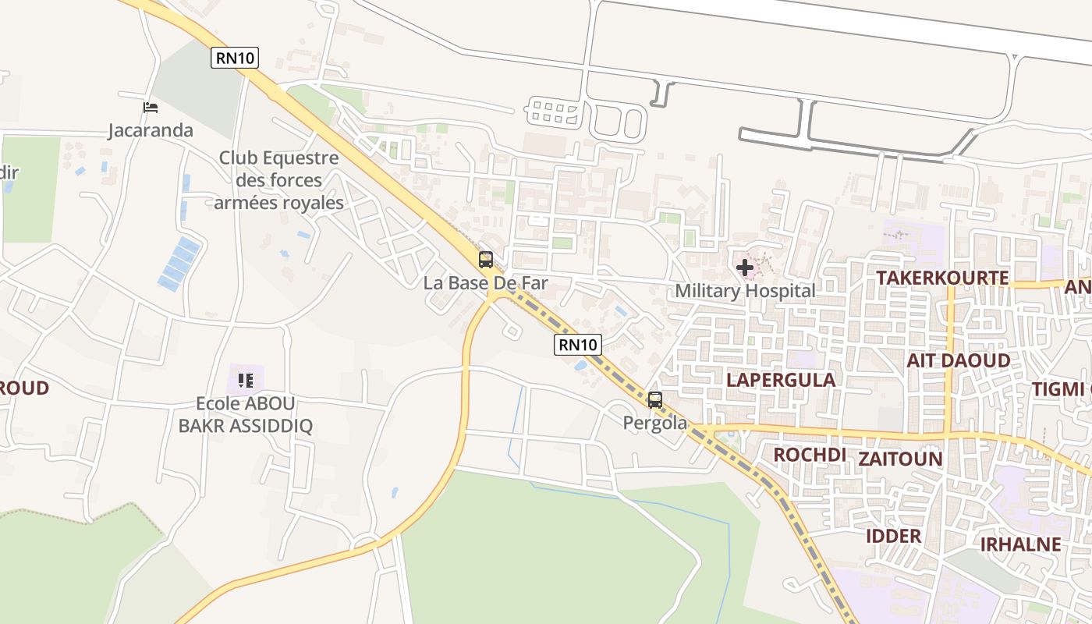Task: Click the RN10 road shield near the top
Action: pyautogui.click(x=234, y=58)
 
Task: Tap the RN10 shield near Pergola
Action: pyautogui.click(x=578, y=344)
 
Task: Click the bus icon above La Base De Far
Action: pyautogui.click(x=486, y=260)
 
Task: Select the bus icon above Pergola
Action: pyautogui.click(x=655, y=400)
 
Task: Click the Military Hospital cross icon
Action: pyautogui.click(x=745, y=268)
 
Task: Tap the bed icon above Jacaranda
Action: pyautogui.click(x=151, y=108)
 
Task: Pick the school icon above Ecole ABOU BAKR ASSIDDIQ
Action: pyautogui.click(x=246, y=381)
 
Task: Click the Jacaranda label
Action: pyautogui.click(x=151, y=130)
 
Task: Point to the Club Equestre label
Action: pyautogui.click(x=278, y=180)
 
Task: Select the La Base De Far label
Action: pyautogui.click(x=485, y=283)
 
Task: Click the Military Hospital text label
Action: pyautogui.click(x=745, y=291)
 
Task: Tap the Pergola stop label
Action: pyautogui.click(x=655, y=423)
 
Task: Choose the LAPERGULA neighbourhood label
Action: pyautogui.click(x=781, y=380)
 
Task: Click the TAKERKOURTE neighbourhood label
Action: pyautogui.click(x=942, y=278)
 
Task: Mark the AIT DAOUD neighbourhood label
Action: pyautogui.click(x=958, y=360)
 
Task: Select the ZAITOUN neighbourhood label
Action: pyautogui.click(x=900, y=459)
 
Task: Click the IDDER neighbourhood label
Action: pyautogui.click(x=894, y=536)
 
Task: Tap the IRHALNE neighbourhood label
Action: pyautogui.click(x=1020, y=544)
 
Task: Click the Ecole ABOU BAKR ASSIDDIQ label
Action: pyautogui.click(x=246, y=414)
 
